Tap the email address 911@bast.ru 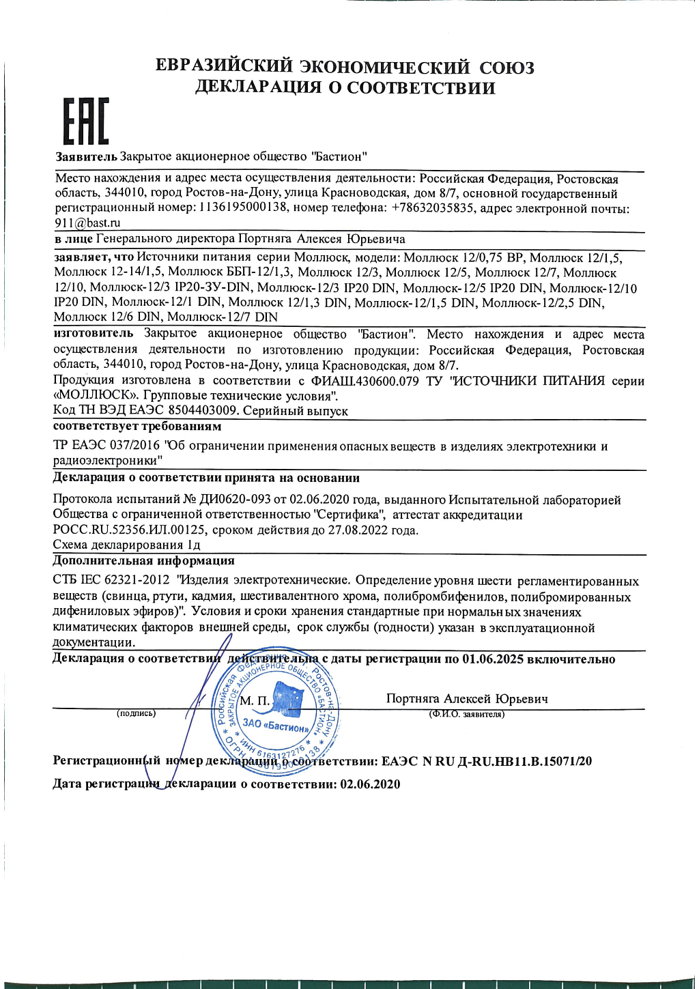[x=87, y=223]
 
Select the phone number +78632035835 [x=432, y=208]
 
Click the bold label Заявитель [x=86, y=157]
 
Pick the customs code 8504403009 [x=203, y=411]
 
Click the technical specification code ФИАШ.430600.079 [x=365, y=381]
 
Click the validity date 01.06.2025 [x=493, y=659]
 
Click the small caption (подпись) [x=137, y=714]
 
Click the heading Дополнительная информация [x=143, y=561]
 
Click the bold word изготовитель [x=94, y=334]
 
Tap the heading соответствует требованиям [x=137, y=427]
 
